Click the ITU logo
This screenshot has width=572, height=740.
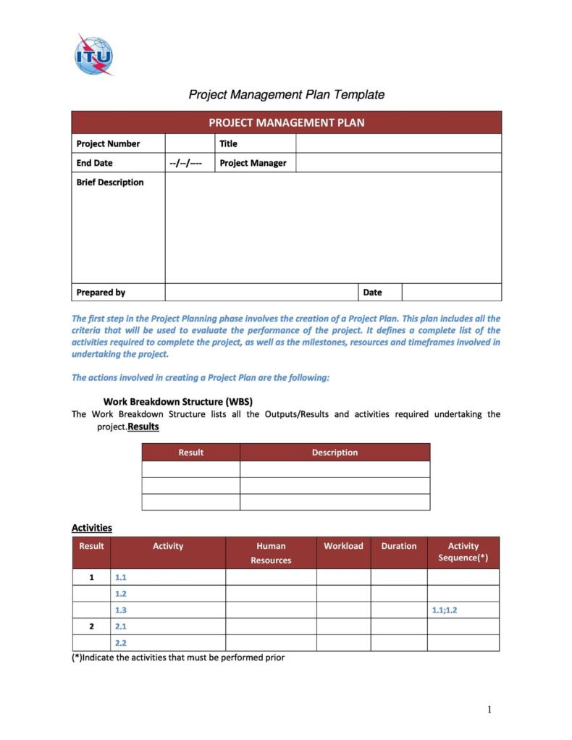coord(93,54)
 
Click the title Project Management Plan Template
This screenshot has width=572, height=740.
coord(286,94)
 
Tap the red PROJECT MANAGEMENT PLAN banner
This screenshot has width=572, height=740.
coord(286,122)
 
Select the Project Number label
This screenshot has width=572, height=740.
coord(108,143)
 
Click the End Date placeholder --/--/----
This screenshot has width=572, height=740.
coord(185,163)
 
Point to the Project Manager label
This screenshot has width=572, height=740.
coord(253,163)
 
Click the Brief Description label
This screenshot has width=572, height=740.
coord(110,182)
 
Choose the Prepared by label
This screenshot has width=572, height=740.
coord(101,293)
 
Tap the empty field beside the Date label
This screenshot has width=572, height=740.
coord(451,293)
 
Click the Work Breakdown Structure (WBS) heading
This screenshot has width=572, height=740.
coord(177,401)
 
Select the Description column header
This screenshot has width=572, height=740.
coord(335,453)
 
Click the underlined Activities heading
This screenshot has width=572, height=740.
coord(91,528)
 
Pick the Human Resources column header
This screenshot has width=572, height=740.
coord(271,553)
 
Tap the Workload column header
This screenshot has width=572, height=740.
coord(343,546)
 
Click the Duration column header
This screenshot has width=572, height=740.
coord(399,546)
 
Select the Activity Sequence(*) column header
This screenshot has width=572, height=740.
coord(463,552)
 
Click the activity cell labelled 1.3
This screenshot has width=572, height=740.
coord(121,610)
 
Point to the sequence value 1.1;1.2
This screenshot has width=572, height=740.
coord(444,610)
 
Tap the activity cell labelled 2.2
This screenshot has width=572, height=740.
coord(121,643)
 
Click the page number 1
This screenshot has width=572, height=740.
coord(489,710)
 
